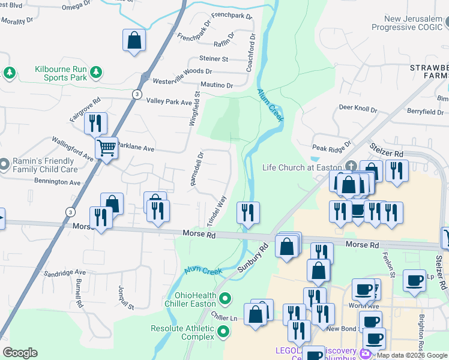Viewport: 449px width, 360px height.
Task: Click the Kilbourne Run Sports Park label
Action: [x=61, y=73]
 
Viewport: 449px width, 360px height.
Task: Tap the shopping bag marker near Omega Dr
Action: [x=134, y=41]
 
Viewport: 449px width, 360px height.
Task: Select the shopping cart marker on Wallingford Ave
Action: [x=106, y=147]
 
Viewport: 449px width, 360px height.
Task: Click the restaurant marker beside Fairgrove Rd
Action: [x=95, y=123]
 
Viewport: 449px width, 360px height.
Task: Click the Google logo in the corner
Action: [x=20, y=353]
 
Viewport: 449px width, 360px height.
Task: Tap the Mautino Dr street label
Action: [x=217, y=85]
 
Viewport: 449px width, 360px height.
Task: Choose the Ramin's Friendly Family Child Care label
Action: [x=46, y=165]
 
